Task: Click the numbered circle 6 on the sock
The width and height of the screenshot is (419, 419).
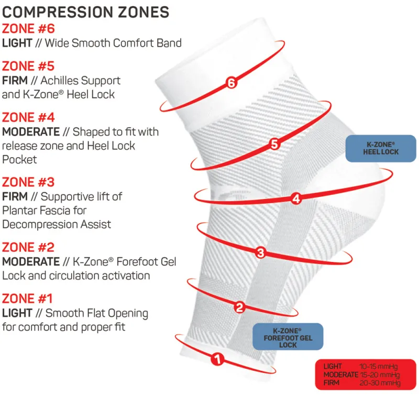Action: tap(231, 83)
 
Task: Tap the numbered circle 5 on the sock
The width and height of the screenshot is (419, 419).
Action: tap(274, 143)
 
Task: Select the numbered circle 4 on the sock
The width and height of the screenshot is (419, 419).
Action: tap(296, 199)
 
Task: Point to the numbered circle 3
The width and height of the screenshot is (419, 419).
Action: tap(261, 253)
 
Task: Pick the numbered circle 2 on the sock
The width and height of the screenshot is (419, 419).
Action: tap(239, 307)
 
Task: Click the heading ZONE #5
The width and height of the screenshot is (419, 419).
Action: tap(28, 66)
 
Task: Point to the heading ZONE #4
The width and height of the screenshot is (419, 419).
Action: tap(28, 117)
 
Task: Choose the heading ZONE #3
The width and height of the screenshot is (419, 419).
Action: tap(28, 182)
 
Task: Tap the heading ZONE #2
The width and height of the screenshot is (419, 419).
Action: tap(28, 247)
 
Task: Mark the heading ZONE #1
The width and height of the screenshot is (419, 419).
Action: tap(28, 299)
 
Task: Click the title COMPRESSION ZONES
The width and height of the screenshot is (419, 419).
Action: tap(86, 11)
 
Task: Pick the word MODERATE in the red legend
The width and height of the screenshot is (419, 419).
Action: tap(340, 375)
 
